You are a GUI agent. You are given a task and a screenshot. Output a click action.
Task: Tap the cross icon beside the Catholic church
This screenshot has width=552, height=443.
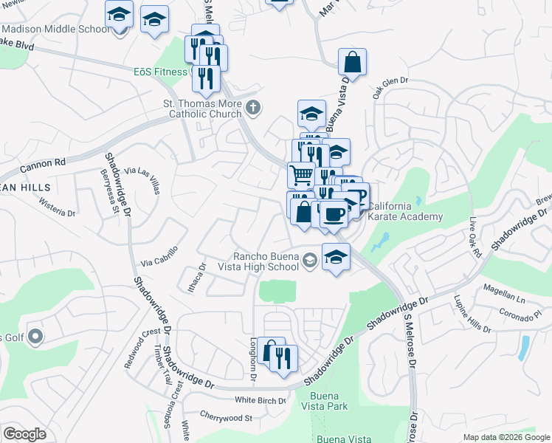253,109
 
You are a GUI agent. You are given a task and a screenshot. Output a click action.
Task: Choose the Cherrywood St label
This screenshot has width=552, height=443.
226,418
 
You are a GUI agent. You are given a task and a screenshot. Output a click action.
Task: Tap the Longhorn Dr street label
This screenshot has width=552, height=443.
252,360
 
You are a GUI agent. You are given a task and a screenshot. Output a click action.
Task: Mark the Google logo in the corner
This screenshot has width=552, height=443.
24,434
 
